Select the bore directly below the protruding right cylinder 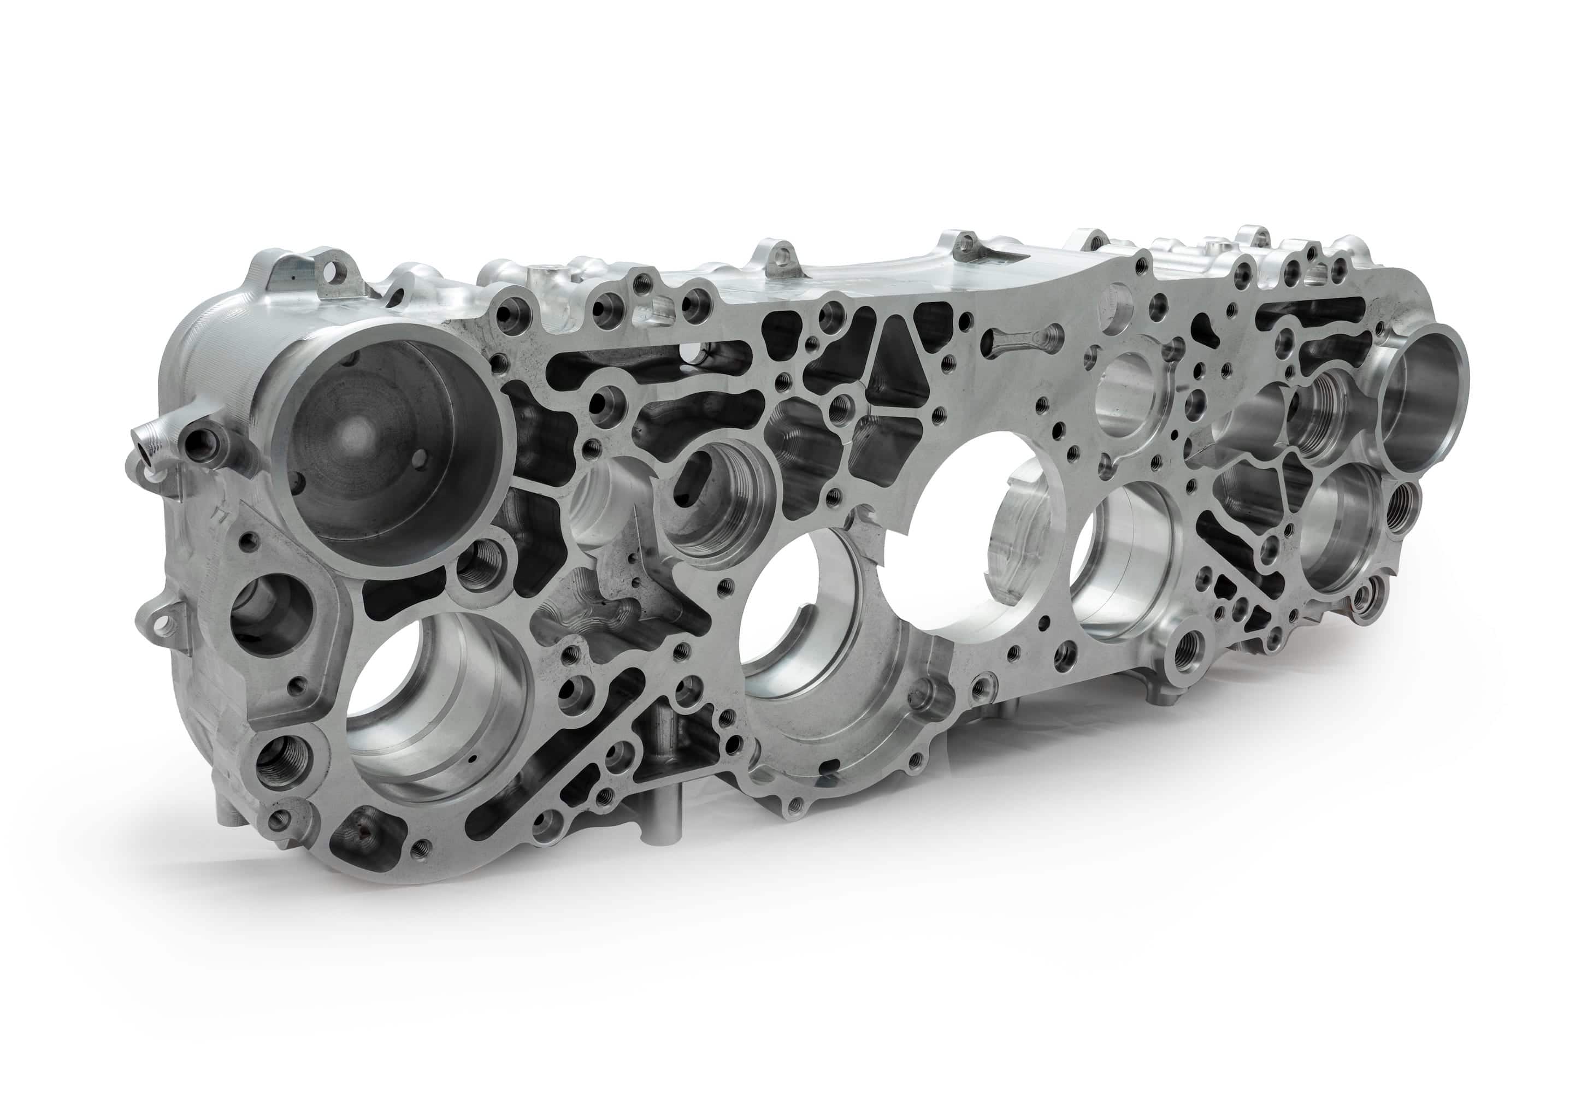point(1336,530)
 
